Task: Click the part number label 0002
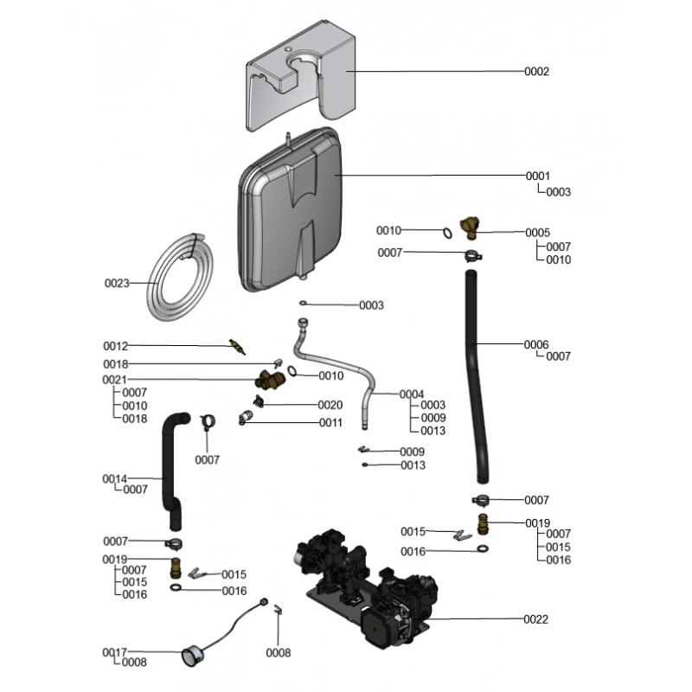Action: (536, 72)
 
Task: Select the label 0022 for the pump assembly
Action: (536, 619)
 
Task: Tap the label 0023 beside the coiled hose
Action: (117, 283)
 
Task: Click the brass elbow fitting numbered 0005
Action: (470, 228)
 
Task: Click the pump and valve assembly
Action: (363, 580)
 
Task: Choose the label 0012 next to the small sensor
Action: (116, 346)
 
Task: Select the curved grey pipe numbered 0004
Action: (333, 359)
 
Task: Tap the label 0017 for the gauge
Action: (116, 652)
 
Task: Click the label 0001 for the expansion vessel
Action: (537, 176)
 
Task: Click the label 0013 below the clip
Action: (412, 465)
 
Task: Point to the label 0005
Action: (537, 232)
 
